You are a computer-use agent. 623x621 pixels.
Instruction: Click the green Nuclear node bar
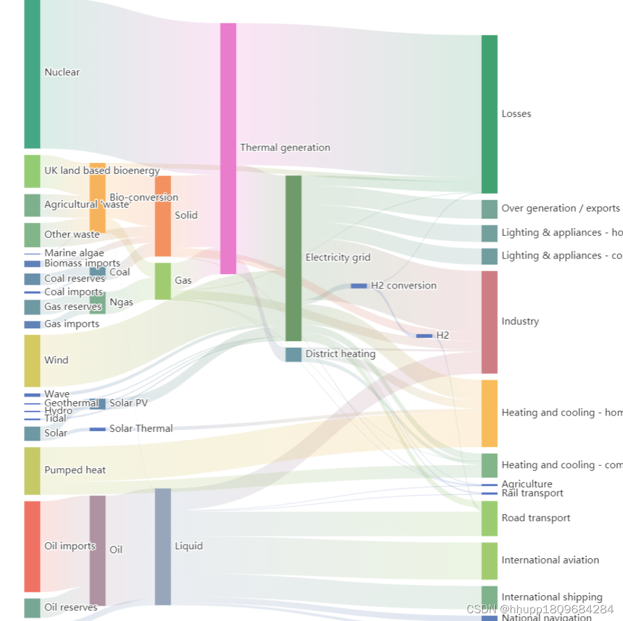(x=32, y=73)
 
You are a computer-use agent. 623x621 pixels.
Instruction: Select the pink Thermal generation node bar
(x=228, y=148)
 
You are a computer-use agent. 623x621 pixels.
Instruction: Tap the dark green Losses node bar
(x=489, y=114)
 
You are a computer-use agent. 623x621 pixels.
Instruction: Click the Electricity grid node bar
(x=293, y=258)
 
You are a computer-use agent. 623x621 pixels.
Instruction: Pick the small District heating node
(x=293, y=355)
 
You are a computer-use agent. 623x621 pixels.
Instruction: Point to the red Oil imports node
(x=32, y=546)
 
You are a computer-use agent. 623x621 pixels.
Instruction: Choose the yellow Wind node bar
(x=32, y=361)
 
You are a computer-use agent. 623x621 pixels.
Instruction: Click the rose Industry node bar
(x=489, y=322)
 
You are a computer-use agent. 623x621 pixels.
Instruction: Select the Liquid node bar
(x=162, y=546)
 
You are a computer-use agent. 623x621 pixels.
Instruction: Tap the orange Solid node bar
(x=162, y=216)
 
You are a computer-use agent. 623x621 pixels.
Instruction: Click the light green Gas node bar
(x=162, y=281)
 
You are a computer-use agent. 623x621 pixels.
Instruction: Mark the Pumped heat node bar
(x=32, y=471)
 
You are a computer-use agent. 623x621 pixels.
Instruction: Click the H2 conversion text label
(x=403, y=285)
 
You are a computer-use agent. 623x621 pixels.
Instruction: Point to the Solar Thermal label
(x=141, y=429)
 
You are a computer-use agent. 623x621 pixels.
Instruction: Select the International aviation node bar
(x=489, y=561)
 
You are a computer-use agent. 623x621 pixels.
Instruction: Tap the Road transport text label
(x=536, y=518)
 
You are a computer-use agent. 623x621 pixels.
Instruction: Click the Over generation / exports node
(x=489, y=209)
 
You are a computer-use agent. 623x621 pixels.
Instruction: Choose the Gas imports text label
(x=72, y=324)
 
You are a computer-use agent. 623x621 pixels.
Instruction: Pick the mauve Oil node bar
(x=97, y=550)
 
